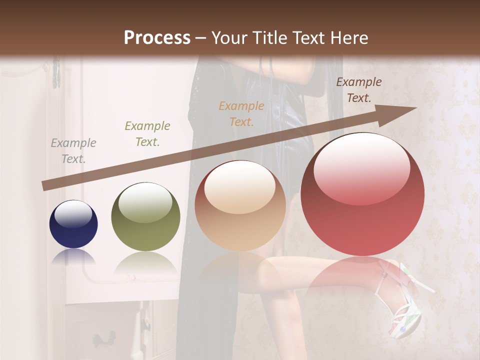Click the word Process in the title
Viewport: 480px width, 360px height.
click(x=157, y=38)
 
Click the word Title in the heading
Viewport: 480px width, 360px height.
click(x=272, y=38)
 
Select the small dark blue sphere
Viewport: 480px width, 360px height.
click(x=73, y=224)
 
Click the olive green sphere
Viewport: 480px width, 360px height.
click(x=145, y=216)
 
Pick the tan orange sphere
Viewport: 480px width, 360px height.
click(x=240, y=205)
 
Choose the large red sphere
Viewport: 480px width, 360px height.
click(x=362, y=194)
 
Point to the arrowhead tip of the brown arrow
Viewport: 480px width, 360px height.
click(x=416, y=108)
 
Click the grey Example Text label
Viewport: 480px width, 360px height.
click(x=73, y=151)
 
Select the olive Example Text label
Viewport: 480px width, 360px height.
click(x=147, y=134)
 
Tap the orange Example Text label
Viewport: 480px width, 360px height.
click(x=241, y=113)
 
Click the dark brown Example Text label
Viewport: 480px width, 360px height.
click(x=358, y=90)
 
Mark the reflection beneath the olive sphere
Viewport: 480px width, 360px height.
click(x=145, y=262)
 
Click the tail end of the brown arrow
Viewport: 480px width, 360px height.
click(x=45, y=186)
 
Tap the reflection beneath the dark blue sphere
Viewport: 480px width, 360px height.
click(x=73, y=256)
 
